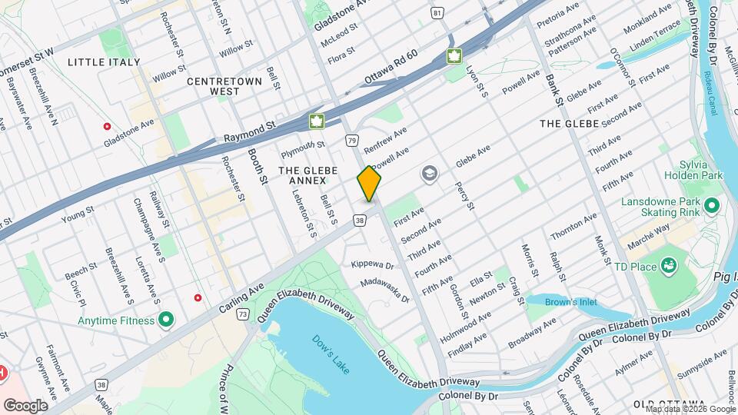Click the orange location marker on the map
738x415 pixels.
[369, 184]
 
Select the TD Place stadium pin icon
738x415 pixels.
[670, 265]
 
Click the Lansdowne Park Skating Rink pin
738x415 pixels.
[711, 206]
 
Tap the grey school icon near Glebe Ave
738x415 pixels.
[428, 175]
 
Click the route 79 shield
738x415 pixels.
[351, 141]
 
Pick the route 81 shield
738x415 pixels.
[437, 13]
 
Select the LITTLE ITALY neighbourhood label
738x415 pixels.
[104, 61]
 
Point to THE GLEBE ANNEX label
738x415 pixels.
[302, 174]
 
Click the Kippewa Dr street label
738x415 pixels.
[372, 265]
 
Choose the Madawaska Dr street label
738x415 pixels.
[386, 289]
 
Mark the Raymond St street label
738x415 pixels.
[249, 135]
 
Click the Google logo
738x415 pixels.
[26, 405]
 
